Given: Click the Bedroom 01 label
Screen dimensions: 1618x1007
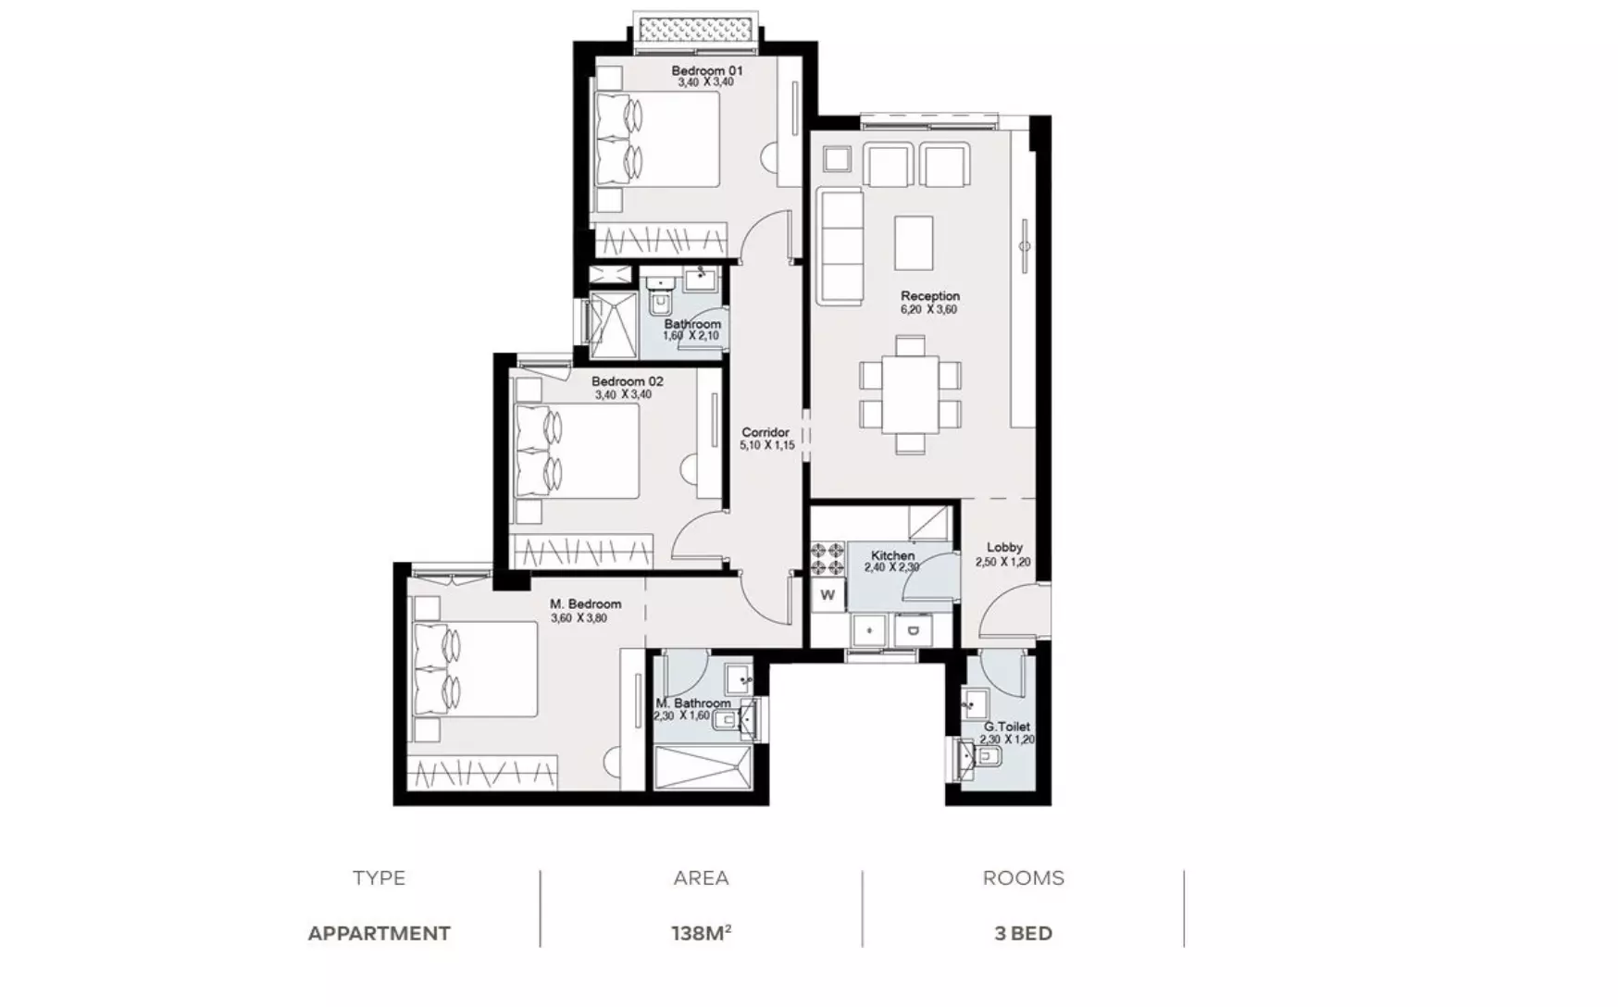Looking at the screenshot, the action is pyautogui.click(x=706, y=70).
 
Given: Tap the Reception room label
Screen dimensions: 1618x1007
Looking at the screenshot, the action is pyautogui.click(x=930, y=296).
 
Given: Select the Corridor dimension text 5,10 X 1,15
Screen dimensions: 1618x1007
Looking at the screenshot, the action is pyautogui.click(x=766, y=445).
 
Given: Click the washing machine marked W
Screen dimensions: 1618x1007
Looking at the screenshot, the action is pyautogui.click(x=828, y=595).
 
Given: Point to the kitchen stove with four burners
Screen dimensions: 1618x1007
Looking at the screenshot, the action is pyautogui.click(x=828, y=558).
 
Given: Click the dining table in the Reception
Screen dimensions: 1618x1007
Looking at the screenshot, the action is pyautogui.click(x=910, y=394).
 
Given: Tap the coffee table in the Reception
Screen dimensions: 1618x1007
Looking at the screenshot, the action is pyautogui.click(x=914, y=242).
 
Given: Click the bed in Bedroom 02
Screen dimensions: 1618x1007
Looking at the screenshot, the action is pyautogui.click(x=578, y=451).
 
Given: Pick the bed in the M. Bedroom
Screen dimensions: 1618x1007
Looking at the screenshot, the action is pyautogui.click(x=476, y=668).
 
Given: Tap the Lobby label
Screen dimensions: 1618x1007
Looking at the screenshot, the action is pyautogui.click(x=1004, y=547).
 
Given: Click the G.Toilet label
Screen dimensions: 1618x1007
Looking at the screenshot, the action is pyautogui.click(x=1007, y=727).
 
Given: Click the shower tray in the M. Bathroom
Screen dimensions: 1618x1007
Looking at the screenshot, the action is pyautogui.click(x=704, y=768).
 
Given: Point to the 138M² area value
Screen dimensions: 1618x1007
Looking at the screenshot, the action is pyautogui.click(x=702, y=933).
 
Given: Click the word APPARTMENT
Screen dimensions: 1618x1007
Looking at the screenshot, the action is pyautogui.click(x=380, y=933).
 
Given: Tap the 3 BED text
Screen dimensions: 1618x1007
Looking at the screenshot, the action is pyautogui.click(x=1024, y=933).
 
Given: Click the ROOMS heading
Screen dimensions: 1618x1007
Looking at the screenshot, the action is pyautogui.click(x=1024, y=877).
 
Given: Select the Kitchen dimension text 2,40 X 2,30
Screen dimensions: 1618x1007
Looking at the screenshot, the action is pyautogui.click(x=891, y=567).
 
